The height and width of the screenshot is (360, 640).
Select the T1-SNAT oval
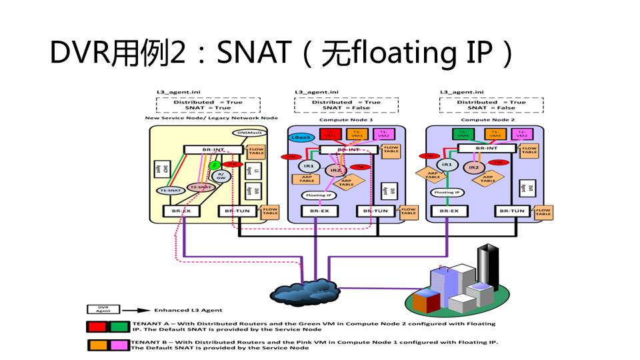[172, 190]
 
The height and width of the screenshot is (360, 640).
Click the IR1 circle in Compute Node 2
[447, 163]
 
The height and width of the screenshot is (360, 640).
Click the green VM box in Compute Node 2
[459, 133]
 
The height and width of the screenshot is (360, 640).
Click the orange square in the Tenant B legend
[98, 345]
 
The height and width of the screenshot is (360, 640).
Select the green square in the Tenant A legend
[117, 327]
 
